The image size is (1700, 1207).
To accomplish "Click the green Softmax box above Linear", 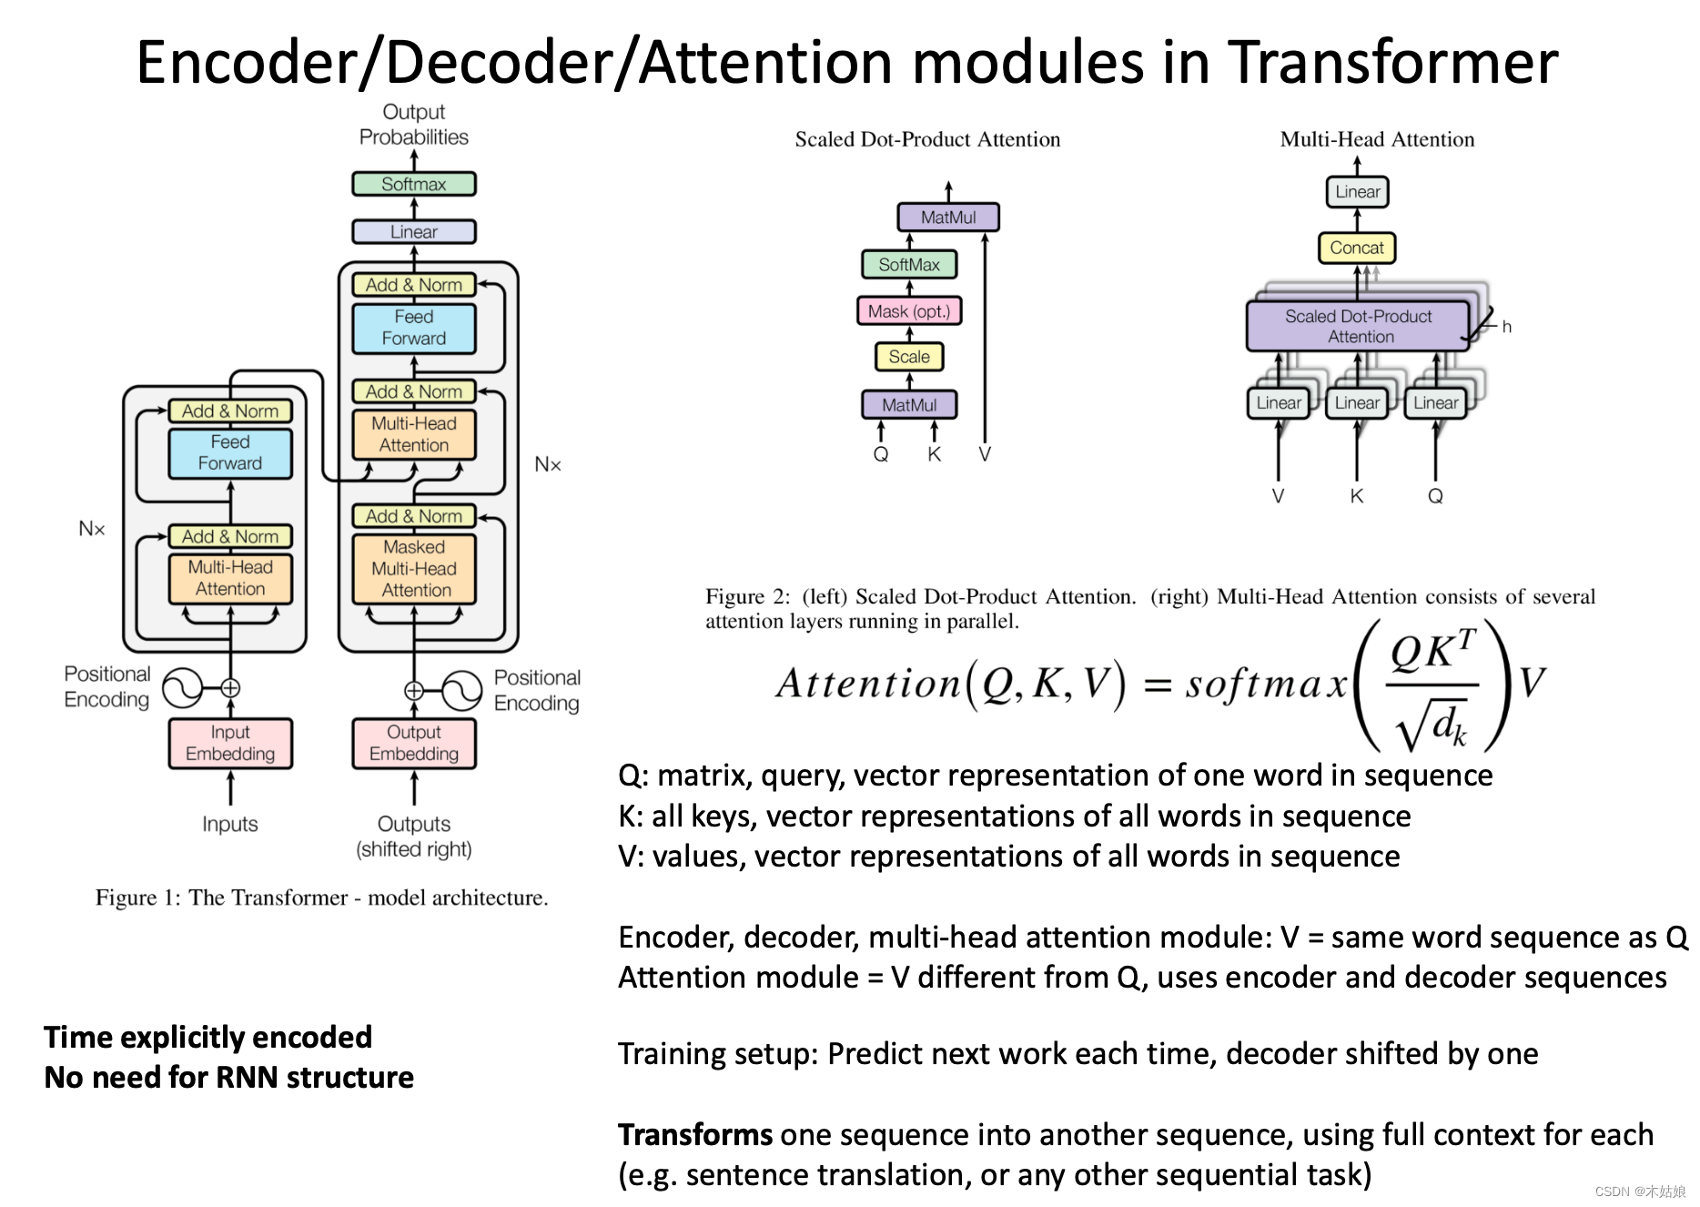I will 413,184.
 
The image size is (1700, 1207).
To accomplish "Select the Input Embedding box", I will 230,743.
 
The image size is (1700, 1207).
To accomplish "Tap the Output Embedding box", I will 414,743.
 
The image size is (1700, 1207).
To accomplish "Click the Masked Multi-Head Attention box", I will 414,569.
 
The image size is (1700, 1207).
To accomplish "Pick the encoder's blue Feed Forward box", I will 230,452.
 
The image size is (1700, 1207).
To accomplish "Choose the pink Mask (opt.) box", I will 908,311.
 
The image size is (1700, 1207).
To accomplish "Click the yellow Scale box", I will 908,357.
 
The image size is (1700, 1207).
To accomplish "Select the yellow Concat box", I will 1356,248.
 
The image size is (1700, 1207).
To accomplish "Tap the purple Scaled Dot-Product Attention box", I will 1358,326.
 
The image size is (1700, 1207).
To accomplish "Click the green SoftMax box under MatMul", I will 908,265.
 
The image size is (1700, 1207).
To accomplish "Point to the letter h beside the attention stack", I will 1506,327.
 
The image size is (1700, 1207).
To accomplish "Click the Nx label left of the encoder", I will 92,529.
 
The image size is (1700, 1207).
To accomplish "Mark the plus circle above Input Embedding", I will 230,688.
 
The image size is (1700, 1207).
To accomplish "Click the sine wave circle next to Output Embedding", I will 461,690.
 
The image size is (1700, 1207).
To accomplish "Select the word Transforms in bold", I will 695,1135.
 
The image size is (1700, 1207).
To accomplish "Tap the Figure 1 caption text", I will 321,898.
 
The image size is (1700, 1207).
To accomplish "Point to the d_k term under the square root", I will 1448,726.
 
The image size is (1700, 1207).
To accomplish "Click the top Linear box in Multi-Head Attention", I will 1357,192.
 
